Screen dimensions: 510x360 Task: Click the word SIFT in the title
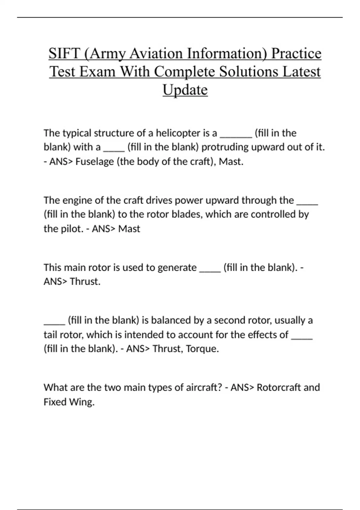pyautogui.click(x=64, y=53)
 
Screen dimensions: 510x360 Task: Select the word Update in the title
pyautogui.click(x=185, y=89)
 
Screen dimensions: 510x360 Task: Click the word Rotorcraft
pyautogui.click(x=279, y=387)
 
